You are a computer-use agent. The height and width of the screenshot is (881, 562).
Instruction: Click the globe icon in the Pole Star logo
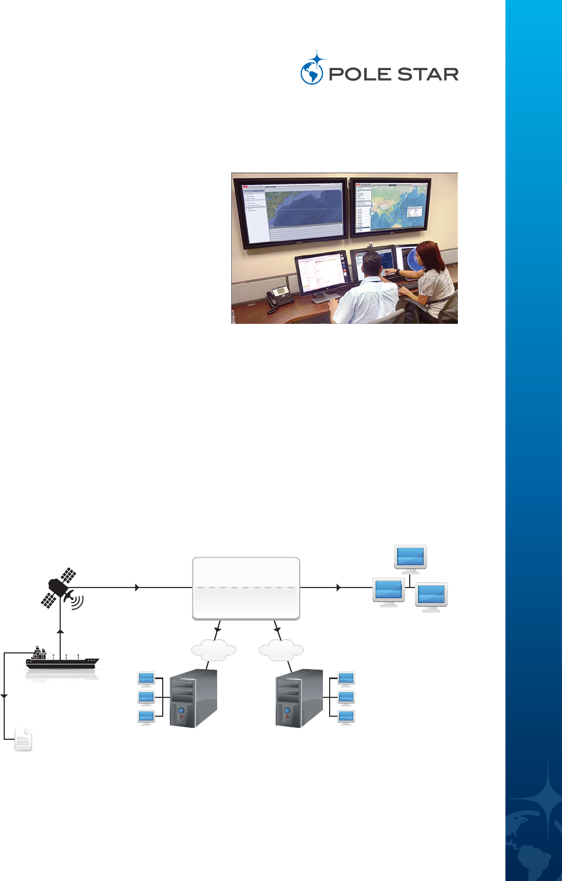point(311,73)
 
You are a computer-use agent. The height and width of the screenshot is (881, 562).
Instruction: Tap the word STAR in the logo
point(427,74)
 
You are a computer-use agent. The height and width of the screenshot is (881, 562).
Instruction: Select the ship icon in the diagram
point(62,660)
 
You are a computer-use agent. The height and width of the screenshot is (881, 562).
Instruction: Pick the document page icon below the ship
point(23,739)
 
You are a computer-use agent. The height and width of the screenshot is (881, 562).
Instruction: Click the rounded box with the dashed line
point(246,588)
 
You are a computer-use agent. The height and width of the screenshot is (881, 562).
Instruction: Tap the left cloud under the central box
point(213,650)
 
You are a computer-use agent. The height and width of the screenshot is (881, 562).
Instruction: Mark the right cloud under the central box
point(281,650)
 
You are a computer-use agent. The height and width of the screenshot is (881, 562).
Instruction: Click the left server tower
point(193,698)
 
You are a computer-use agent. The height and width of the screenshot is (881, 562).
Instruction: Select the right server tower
point(299,698)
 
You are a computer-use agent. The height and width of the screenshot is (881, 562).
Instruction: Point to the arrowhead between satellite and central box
point(137,588)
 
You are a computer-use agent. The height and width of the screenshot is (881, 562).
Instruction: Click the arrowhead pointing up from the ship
point(60,632)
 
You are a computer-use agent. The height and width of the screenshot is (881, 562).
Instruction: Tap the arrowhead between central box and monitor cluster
point(339,588)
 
